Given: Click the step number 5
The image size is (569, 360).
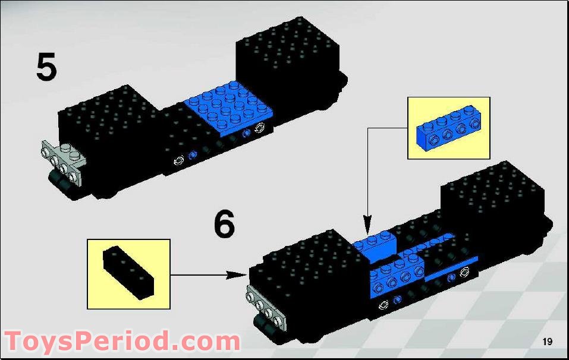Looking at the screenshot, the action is point(46,67).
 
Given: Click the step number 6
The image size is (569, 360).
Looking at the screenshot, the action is point(224,225).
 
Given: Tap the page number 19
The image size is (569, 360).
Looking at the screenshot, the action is point(547,342).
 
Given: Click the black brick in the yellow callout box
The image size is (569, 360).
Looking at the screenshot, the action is point(128,273).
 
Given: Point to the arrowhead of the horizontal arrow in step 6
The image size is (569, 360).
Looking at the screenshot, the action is point(236,275).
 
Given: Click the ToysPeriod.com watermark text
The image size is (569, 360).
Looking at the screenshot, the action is point(122,341).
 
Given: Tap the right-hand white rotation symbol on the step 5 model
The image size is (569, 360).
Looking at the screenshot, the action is point(260,127).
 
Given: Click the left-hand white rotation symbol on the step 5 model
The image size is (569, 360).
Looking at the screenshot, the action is point(178,160).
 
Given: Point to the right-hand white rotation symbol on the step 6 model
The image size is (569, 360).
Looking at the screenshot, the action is point(464,271).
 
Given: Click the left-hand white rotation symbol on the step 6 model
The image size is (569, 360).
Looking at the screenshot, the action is point(383,305).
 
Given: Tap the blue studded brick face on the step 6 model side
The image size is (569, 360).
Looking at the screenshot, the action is point(397,279).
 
